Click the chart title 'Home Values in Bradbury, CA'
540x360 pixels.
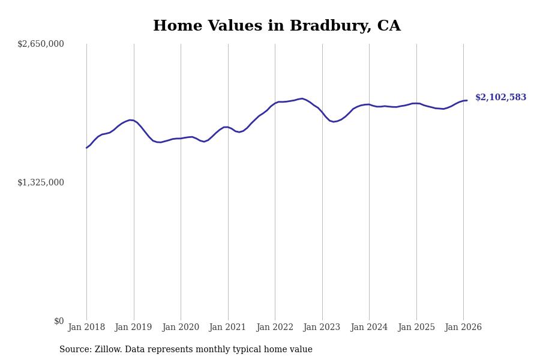pyautogui.click(x=277, y=26)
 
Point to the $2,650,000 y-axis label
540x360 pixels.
pyautogui.click(x=41, y=44)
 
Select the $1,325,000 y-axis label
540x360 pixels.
pyautogui.click(x=41, y=182)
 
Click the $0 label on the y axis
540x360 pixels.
pyautogui.click(x=59, y=321)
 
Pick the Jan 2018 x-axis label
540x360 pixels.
pyautogui.click(x=86, y=327)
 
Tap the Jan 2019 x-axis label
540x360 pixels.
pyautogui.click(x=134, y=327)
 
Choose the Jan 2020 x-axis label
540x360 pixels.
pyautogui.click(x=181, y=327)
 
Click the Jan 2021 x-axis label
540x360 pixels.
pyautogui.click(x=228, y=327)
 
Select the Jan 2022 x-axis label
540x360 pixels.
pyautogui.click(x=275, y=327)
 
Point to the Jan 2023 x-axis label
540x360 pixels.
pyautogui.click(x=322, y=327)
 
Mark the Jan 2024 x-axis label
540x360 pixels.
pyautogui.click(x=369, y=327)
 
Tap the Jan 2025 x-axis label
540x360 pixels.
pyautogui.click(x=416, y=327)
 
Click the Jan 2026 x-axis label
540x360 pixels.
pyautogui.click(x=463, y=327)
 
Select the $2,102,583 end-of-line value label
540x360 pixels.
pyautogui.click(x=500, y=98)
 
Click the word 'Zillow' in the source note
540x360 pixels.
pyautogui.click(x=107, y=350)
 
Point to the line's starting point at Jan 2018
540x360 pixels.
pyautogui.click(x=86, y=148)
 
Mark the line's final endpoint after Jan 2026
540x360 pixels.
pyautogui.click(x=467, y=100)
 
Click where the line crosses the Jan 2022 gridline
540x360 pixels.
pyautogui.click(x=275, y=103)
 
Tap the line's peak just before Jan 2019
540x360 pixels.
pyautogui.click(x=130, y=120)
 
